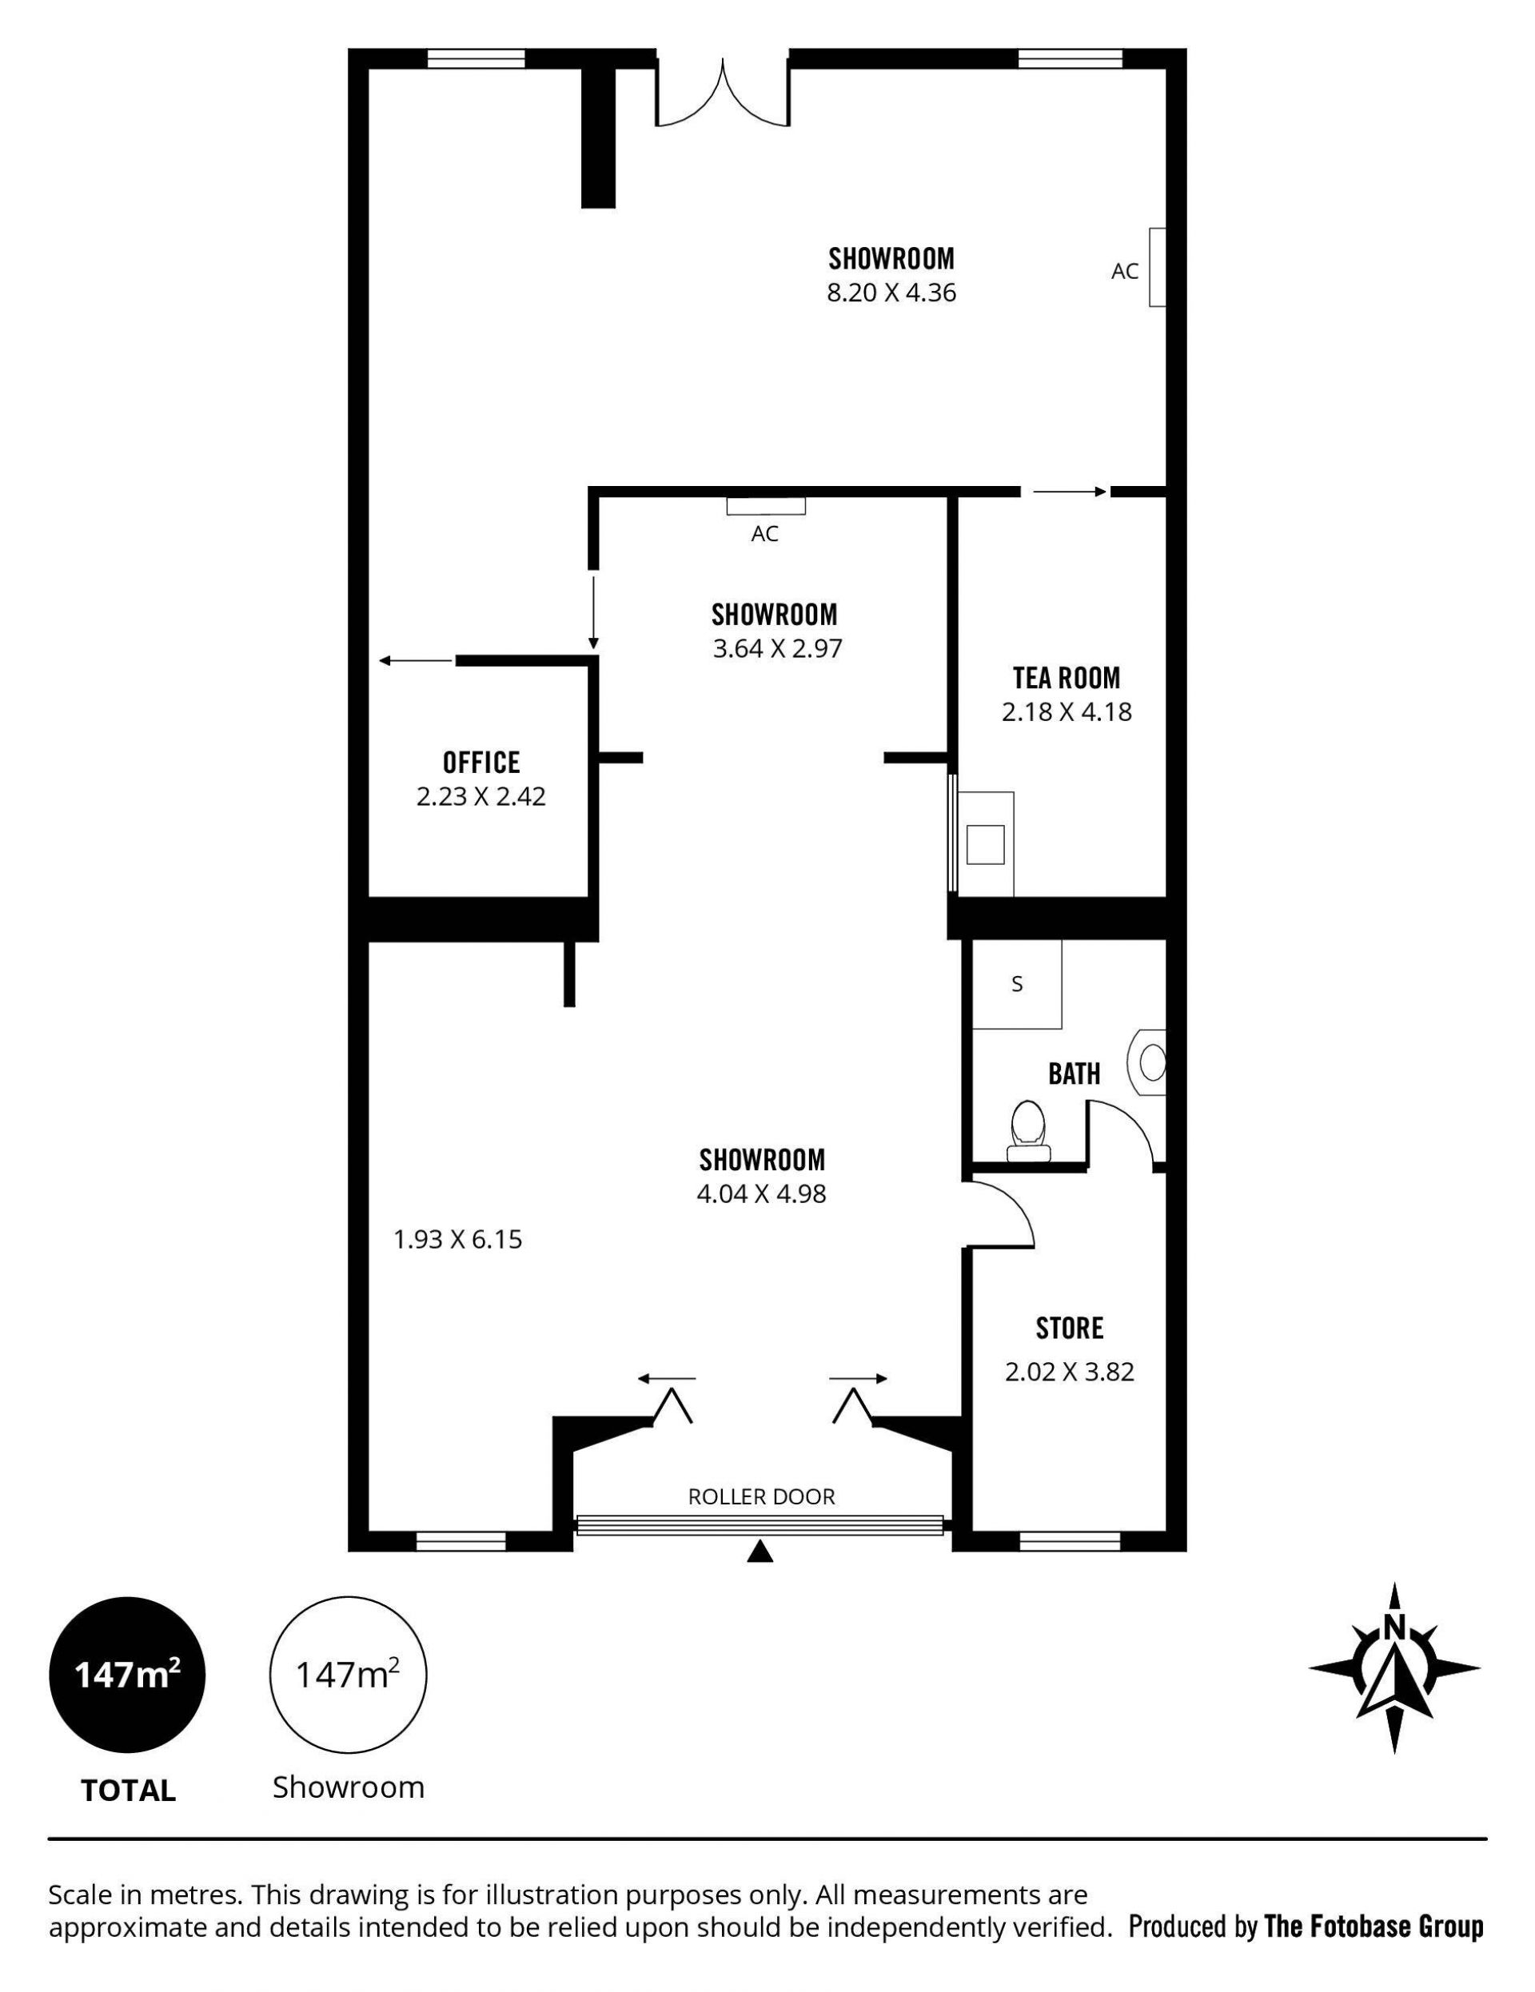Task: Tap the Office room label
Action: (x=481, y=762)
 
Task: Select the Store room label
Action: (x=1069, y=1328)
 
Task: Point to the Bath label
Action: (x=1074, y=1074)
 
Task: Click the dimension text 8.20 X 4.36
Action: (x=891, y=293)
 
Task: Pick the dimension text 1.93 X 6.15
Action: (x=458, y=1240)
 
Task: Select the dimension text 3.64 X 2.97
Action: (x=777, y=648)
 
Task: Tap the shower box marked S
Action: (x=1017, y=984)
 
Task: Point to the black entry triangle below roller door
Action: (x=760, y=1552)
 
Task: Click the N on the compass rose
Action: (x=1393, y=1626)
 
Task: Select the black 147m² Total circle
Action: (x=127, y=1675)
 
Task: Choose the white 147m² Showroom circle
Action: (x=348, y=1675)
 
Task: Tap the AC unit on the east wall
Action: (x=1157, y=267)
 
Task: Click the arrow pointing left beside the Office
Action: (x=416, y=660)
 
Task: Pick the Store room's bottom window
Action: (x=1069, y=1540)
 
